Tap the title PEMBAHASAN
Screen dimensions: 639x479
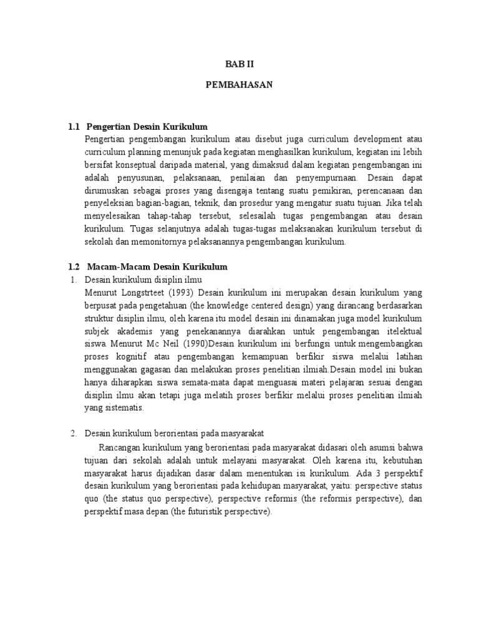(x=239, y=85)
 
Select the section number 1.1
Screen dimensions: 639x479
(x=75, y=127)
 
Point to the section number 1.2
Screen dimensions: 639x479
(x=75, y=266)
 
